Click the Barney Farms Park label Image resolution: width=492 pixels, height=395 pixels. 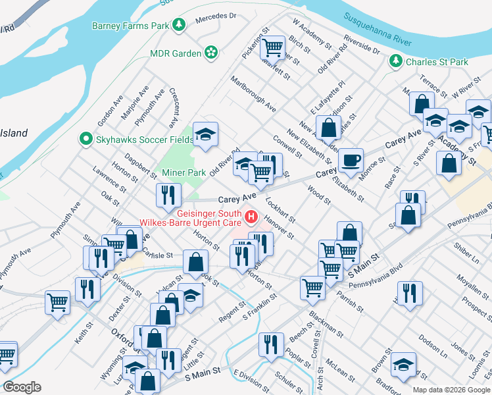tap(131, 26)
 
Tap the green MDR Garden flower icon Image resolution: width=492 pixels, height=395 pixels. tap(211, 52)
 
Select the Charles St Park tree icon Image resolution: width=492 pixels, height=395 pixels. tap(395, 62)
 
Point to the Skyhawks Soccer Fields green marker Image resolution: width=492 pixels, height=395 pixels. tap(85, 139)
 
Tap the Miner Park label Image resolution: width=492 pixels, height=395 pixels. tap(184, 172)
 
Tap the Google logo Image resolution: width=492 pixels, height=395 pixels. tap(22, 387)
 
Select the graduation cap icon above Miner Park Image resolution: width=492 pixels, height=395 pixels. tap(206, 135)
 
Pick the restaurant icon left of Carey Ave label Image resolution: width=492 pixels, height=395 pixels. tap(168, 194)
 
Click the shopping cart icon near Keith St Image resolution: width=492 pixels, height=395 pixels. tap(57, 302)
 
